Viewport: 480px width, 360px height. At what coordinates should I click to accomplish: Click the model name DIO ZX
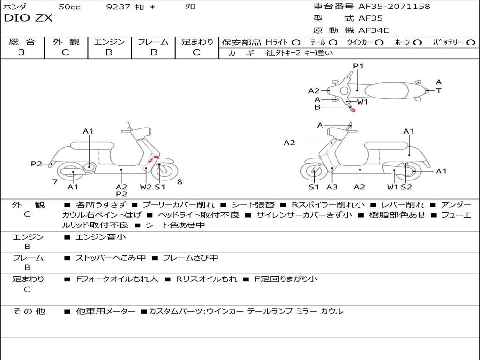28,18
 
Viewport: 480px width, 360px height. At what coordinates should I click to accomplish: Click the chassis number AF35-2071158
394,6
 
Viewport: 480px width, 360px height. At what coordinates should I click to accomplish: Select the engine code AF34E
374,30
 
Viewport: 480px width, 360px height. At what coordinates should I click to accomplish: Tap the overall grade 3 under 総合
22,52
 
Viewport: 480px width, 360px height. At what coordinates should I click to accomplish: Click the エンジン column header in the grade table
109,42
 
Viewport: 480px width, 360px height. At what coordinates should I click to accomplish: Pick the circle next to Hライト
296,43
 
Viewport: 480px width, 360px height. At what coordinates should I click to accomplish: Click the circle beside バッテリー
471,43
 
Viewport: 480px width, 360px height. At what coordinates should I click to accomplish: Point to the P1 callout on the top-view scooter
358,66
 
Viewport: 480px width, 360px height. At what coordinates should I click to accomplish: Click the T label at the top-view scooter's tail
439,90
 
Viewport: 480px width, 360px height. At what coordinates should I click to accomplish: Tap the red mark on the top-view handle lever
352,110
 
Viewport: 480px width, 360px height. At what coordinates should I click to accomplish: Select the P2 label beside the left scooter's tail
37,164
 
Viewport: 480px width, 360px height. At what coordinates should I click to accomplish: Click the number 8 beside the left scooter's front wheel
180,182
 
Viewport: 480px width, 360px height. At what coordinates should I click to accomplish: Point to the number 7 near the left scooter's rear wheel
55,182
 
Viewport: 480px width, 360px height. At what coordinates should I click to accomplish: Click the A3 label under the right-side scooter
332,187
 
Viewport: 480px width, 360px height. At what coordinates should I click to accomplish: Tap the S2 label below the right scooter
406,187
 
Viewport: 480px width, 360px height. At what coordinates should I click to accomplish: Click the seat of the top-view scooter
386,91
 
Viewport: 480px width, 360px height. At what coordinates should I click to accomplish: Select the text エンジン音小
100,237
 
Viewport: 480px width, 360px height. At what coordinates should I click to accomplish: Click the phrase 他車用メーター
105,311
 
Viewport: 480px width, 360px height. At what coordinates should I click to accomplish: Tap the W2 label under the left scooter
146,187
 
